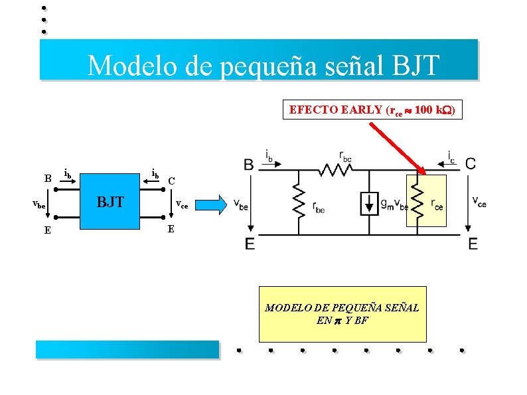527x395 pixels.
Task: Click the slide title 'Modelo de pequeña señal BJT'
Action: [x=263, y=65]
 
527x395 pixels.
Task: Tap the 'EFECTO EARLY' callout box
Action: [x=371, y=110]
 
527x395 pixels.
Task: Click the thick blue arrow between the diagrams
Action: [x=213, y=204]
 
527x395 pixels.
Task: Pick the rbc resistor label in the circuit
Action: [x=346, y=156]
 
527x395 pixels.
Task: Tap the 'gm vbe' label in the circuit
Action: [x=394, y=204]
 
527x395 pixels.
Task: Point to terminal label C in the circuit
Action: [x=470, y=163]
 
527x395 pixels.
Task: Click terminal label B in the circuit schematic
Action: [x=248, y=164]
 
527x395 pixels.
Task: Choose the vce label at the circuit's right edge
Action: [x=479, y=201]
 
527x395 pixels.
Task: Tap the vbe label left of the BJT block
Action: [x=39, y=206]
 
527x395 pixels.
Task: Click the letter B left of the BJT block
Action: [x=47, y=179]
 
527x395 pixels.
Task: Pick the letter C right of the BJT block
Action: [x=171, y=181]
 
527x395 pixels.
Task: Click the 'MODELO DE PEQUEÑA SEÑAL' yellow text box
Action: [x=342, y=314]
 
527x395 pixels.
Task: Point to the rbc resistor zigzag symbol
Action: [x=336, y=170]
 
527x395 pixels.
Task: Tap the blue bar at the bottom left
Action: [x=127, y=349]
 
